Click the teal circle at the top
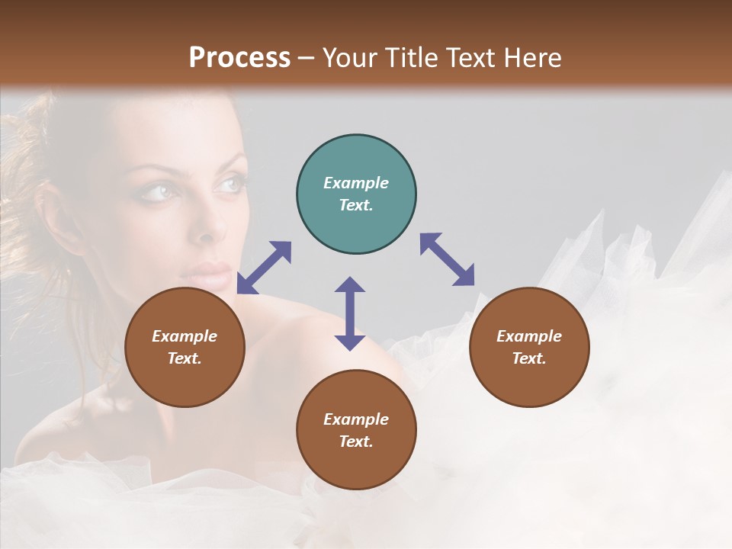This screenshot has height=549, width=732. pyautogui.click(x=356, y=194)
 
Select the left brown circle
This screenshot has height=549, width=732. pyautogui.click(x=185, y=347)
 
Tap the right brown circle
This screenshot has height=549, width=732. pyautogui.click(x=528, y=347)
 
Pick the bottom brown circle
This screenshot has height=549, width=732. pyautogui.click(x=356, y=430)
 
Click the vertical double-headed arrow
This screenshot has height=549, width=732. pyautogui.click(x=350, y=313)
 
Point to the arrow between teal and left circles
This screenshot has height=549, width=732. pyautogui.click(x=264, y=267)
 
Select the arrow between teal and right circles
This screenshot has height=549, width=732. pyautogui.click(x=448, y=259)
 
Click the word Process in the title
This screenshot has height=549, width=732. pyautogui.click(x=239, y=57)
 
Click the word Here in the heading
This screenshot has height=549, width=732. pyautogui.click(x=533, y=57)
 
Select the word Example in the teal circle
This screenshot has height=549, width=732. pyautogui.click(x=356, y=183)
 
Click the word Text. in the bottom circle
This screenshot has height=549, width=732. pyautogui.click(x=356, y=441)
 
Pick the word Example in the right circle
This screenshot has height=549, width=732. pyautogui.click(x=528, y=336)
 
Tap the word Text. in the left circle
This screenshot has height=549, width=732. pyautogui.click(x=185, y=358)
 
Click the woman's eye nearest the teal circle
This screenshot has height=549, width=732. pyautogui.click(x=231, y=183)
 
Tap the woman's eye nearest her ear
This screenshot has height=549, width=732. pyautogui.click(x=157, y=191)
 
